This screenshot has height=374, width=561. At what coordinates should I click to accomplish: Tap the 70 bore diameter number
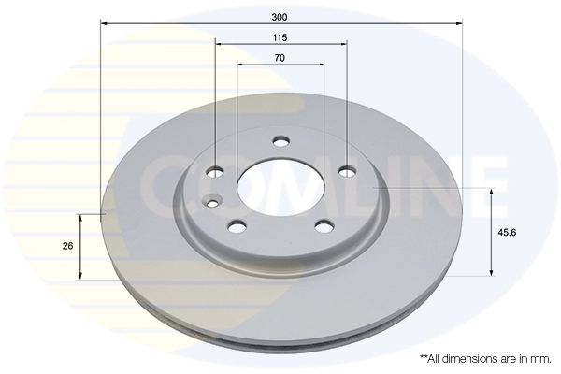click(280, 58)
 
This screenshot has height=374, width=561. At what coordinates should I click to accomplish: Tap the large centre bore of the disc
click(280, 184)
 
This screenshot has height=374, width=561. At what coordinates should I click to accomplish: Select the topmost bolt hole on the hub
click(280, 142)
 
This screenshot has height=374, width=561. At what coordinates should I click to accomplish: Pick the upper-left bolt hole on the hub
click(215, 171)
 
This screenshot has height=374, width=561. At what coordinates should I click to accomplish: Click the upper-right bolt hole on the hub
click(347, 170)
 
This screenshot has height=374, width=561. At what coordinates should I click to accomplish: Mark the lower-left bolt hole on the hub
click(237, 225)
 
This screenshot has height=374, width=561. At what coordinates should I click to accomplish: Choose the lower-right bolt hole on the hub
click(324, 225)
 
